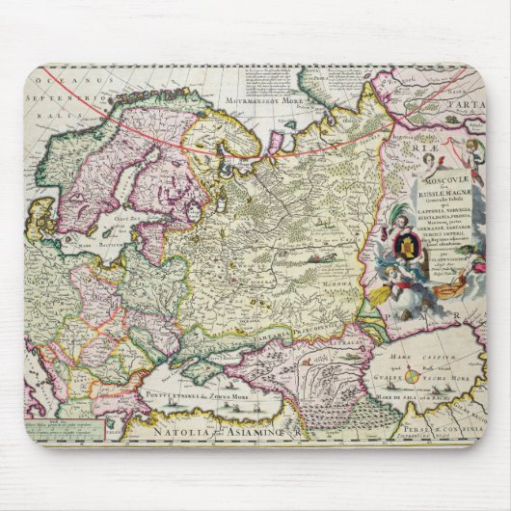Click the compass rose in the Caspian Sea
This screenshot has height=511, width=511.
[x=409, y=373]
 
